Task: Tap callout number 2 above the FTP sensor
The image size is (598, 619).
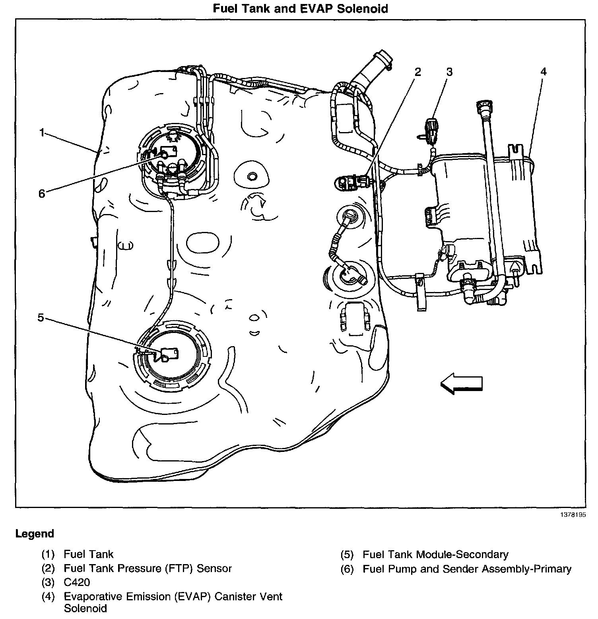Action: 417,72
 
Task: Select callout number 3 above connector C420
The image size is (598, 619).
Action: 449,72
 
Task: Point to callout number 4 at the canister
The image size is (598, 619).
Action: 543,72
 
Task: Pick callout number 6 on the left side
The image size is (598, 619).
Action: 42,194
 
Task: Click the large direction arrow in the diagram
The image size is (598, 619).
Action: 461,383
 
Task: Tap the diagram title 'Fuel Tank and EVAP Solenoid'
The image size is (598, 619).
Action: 300,8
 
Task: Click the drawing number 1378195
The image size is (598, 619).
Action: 573,514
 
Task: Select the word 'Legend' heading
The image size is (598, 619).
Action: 35,533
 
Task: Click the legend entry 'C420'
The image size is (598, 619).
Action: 77,582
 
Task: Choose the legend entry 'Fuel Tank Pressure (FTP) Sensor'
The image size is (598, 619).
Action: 148,568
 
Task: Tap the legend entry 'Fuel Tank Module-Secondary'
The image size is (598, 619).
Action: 435,554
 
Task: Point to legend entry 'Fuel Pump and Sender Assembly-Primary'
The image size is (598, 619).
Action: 467,569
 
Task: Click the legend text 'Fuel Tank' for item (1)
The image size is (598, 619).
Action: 88,554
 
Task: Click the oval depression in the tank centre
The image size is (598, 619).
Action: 202,243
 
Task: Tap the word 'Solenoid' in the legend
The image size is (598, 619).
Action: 85,608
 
